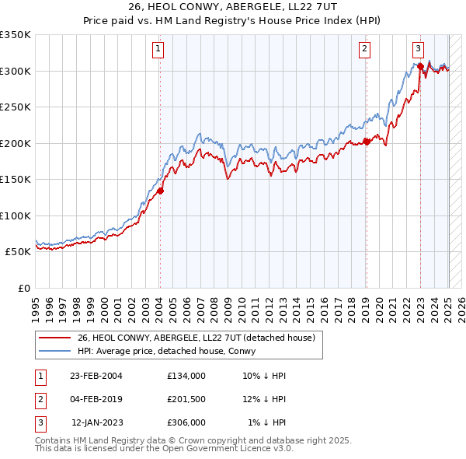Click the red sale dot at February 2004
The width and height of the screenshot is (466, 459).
161,191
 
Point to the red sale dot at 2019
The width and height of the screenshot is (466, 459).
367,142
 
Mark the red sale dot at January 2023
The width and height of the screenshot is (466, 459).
420,66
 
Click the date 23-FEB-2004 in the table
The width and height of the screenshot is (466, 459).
96,375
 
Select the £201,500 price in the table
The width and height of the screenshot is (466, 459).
186,399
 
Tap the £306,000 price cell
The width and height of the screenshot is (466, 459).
186,422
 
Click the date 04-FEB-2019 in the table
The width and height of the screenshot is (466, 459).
96,399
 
